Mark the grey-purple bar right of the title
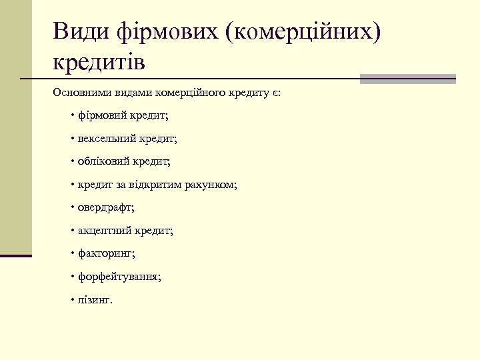(407, 79)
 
